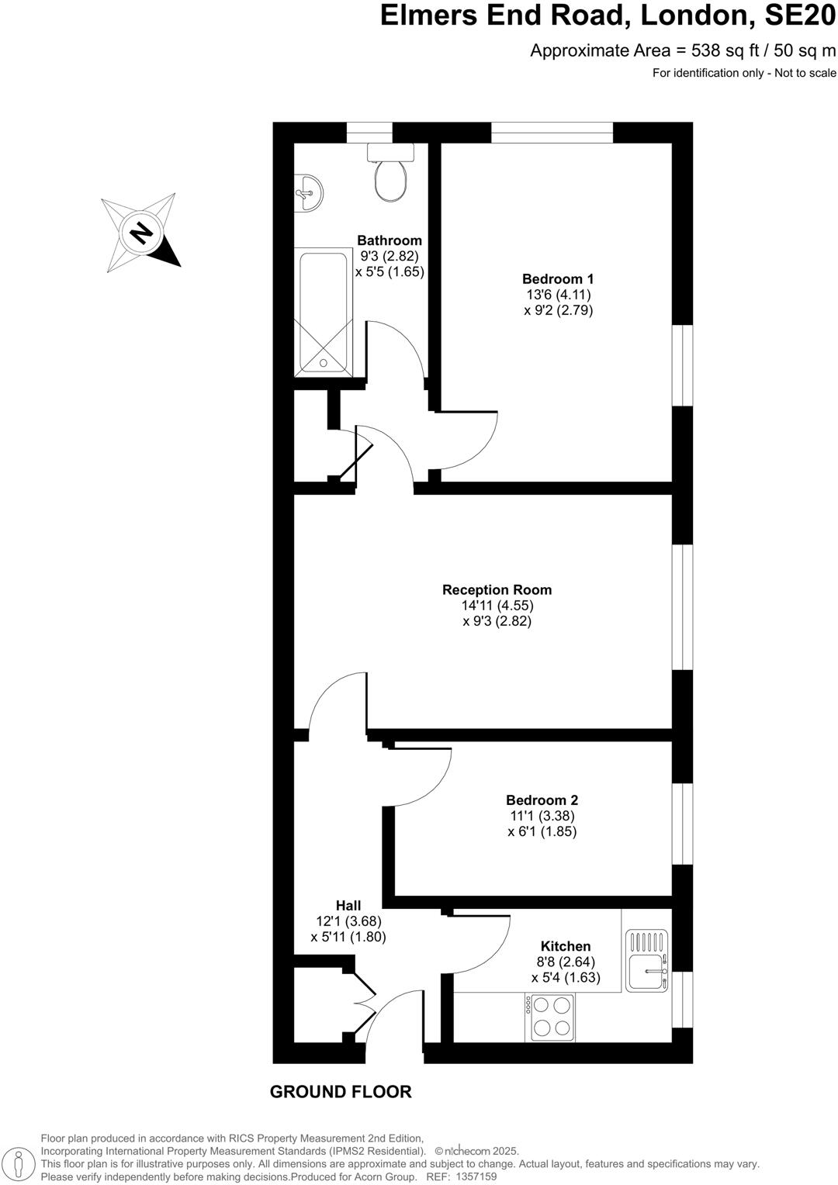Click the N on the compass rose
(x=140, y=232)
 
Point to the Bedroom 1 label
(x=558, y=279)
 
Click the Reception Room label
(x=497, y=590)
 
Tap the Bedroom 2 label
(x=542, y=800)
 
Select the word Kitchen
(x=566, y=946)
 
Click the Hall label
(x=348, y=905)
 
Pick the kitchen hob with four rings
(x=552, y=1017)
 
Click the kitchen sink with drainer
(x=647, y=962)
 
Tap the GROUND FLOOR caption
(x=341, y=1092)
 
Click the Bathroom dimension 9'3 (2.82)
(x=390, y=257)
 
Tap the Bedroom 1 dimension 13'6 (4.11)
(x=558, y=295)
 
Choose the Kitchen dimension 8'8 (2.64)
(x=566, y=962)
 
